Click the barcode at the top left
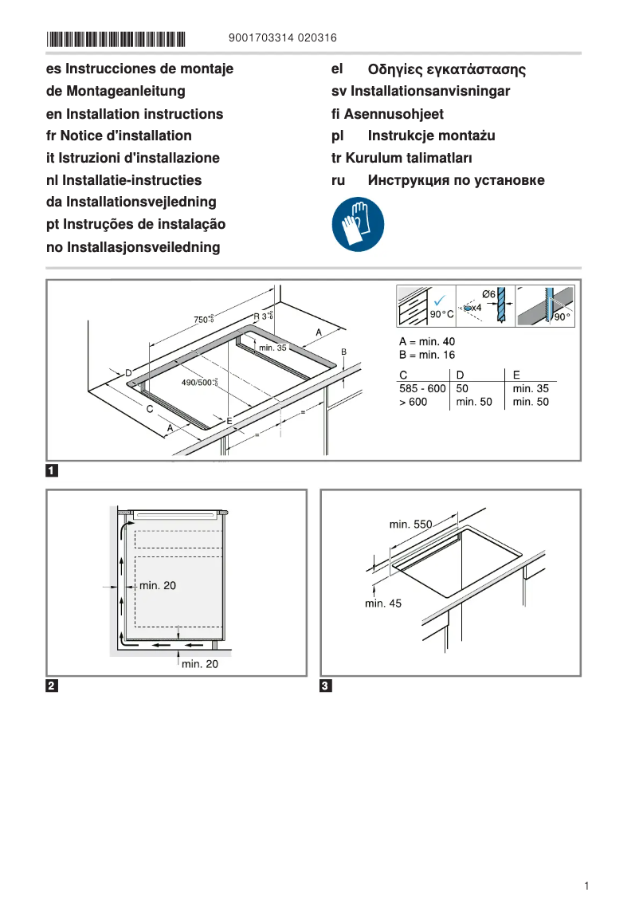tap(116, 37)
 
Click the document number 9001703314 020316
tap(282, 37)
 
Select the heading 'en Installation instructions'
tap(135, 114)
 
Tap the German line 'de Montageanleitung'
tap(116, 92)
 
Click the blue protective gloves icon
tap(358, 224)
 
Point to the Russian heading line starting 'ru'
tap(437, 180)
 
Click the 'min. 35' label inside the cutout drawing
tap(272, 348)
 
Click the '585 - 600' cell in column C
tap(422, 388)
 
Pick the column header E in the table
tap(516, 374)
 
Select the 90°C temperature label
tap(441, 315)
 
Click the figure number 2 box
tap(52, 686)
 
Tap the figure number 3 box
tap(326, 686)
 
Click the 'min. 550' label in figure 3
tap(410, 525)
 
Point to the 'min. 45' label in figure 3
tap(383, 603)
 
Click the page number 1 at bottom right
tap(586, 886)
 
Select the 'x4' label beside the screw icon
tap(476, 307)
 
